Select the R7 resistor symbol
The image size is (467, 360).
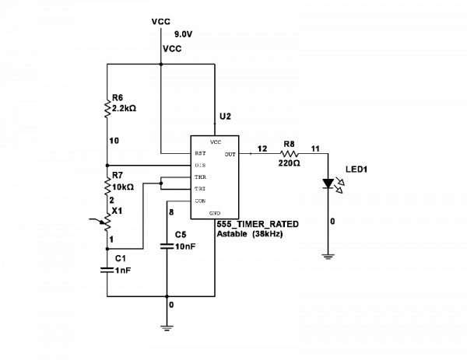(x=107, y=186)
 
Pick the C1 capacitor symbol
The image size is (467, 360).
(x=107, y=270)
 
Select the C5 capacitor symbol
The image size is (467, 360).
(x=167, y=247)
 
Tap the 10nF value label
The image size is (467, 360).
(x=184, y=246)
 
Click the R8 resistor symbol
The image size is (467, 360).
(x=289, y=154)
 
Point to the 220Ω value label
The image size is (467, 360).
(x=289, y=164)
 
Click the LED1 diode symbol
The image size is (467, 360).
(x=328, y=185)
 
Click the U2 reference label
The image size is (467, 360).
(x=225, y=116)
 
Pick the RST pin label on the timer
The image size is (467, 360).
(x=200, y=154)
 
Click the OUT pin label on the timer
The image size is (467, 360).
(x=230, y=154)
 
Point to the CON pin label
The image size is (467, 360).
(x=200, y=201)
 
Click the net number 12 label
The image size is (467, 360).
(x=262, y=148)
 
